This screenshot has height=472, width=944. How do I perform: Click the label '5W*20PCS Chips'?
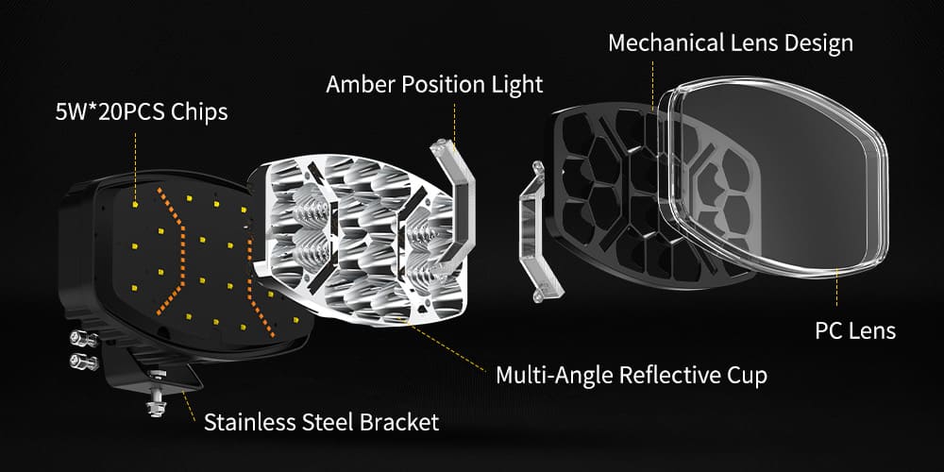pos(141,112)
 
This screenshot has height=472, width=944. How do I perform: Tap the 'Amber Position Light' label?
pos(434,84)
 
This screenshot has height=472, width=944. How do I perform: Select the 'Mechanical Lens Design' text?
pos(731,42)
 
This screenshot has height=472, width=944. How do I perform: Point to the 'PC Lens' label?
pos(855,330)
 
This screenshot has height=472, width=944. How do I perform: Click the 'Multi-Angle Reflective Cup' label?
pos(632,375)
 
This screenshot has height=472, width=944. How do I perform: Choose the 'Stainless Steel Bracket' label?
pos(321,420)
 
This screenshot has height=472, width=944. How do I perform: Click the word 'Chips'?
pos(200,112)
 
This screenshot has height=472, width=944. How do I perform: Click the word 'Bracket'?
pos(399,420)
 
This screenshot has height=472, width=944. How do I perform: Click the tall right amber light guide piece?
pos(455,208)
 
